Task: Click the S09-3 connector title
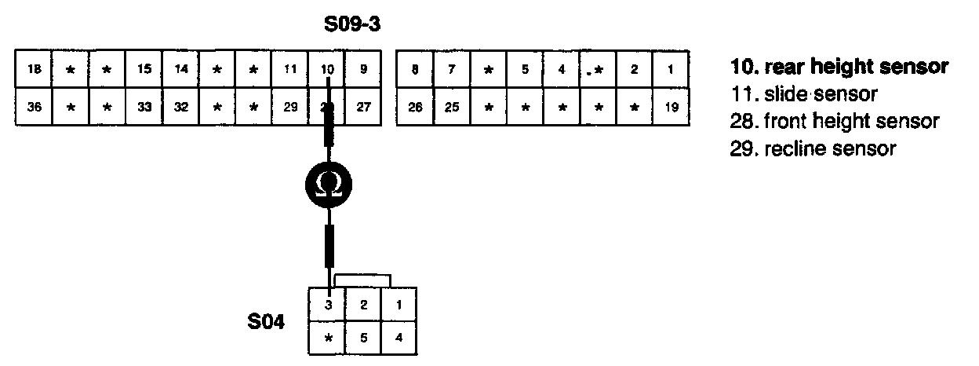pos(352,25)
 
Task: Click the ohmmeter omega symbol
pos(328,185)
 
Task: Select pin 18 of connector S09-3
pos(34,69)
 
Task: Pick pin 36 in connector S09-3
pos(34,107)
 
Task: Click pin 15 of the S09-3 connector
pos(144,69)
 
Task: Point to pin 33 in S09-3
pos(144,107)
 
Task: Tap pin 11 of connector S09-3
pos(290,69)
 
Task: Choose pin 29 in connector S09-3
pos(290,107)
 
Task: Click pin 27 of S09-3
pos(362,107)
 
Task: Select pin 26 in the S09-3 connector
pos(416,107)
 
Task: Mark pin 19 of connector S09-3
pos(671,107)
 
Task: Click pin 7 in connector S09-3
pos(452,69)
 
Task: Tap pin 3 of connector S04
pos(329,306)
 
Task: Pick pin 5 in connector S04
pos(364,339)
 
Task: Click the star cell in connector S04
pos(329,339)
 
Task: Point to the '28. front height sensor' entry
pos(834,122)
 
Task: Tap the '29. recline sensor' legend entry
pos(813,148)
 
